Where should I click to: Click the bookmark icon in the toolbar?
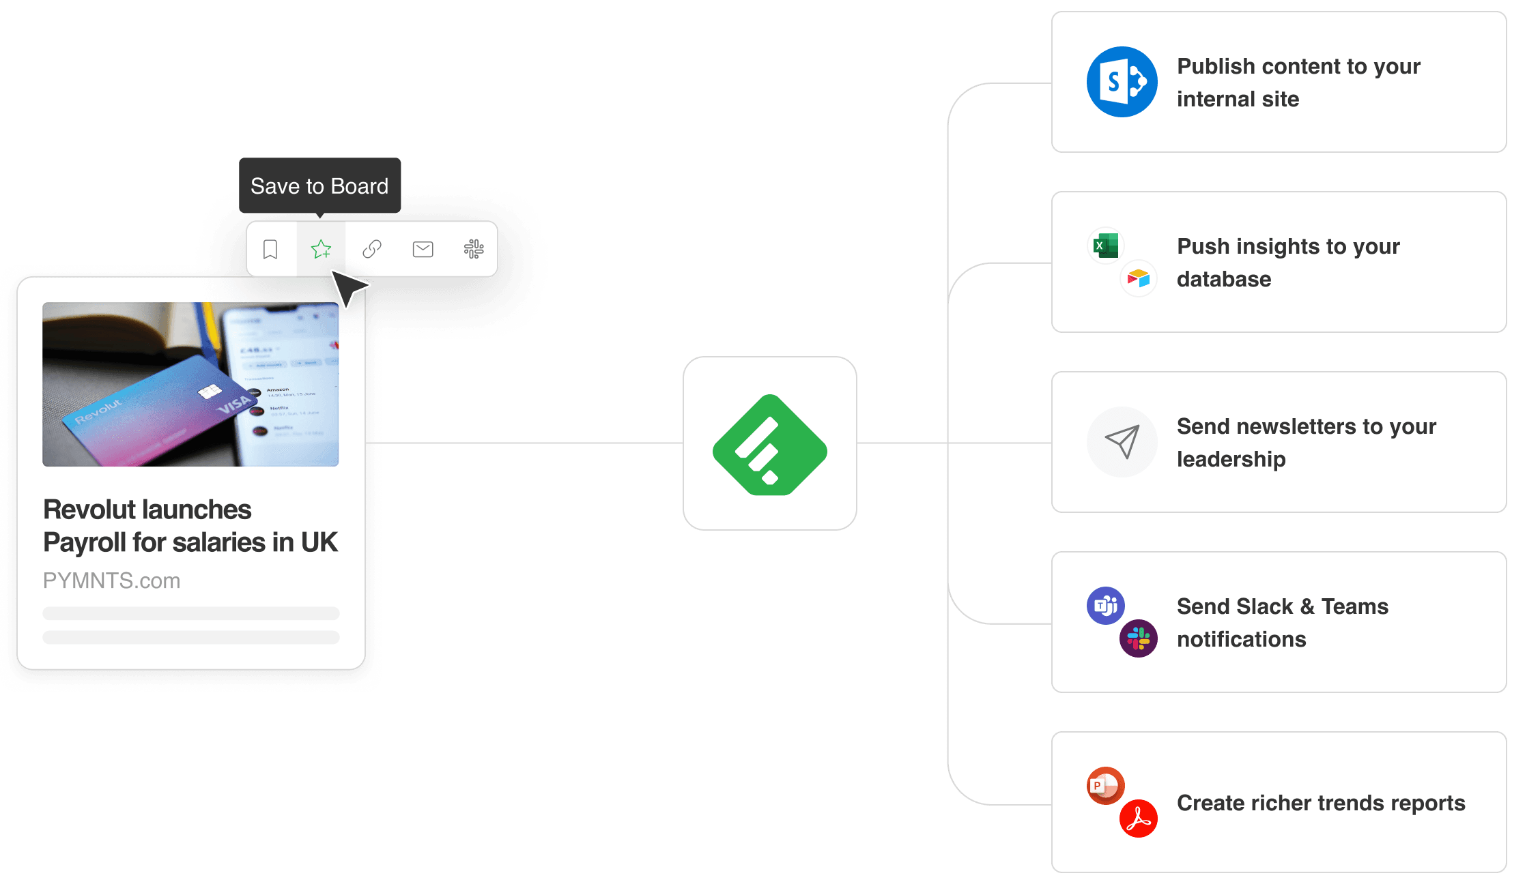click(270, 250)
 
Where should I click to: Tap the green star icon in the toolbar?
click(321, 250)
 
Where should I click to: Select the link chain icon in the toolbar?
click(372, 250)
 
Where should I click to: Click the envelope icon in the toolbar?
click(423, 250)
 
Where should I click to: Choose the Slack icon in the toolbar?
click(474, 250)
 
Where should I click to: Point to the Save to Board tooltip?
click(319, 186)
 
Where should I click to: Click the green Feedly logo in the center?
click(770, 445)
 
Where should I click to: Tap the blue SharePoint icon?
click(1122, 82)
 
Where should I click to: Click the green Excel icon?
click(1106, 246)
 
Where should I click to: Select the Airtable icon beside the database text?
click(1139, 278)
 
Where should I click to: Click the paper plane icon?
click(1122, 442)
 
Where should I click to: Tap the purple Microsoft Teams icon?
click(1106, 606)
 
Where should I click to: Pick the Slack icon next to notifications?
click(1139, 638)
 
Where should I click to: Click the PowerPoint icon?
click(1106, 786)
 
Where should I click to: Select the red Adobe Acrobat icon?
click(1139, 819)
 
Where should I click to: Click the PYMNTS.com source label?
click(112, 580)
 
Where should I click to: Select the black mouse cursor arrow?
click(349, 287)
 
